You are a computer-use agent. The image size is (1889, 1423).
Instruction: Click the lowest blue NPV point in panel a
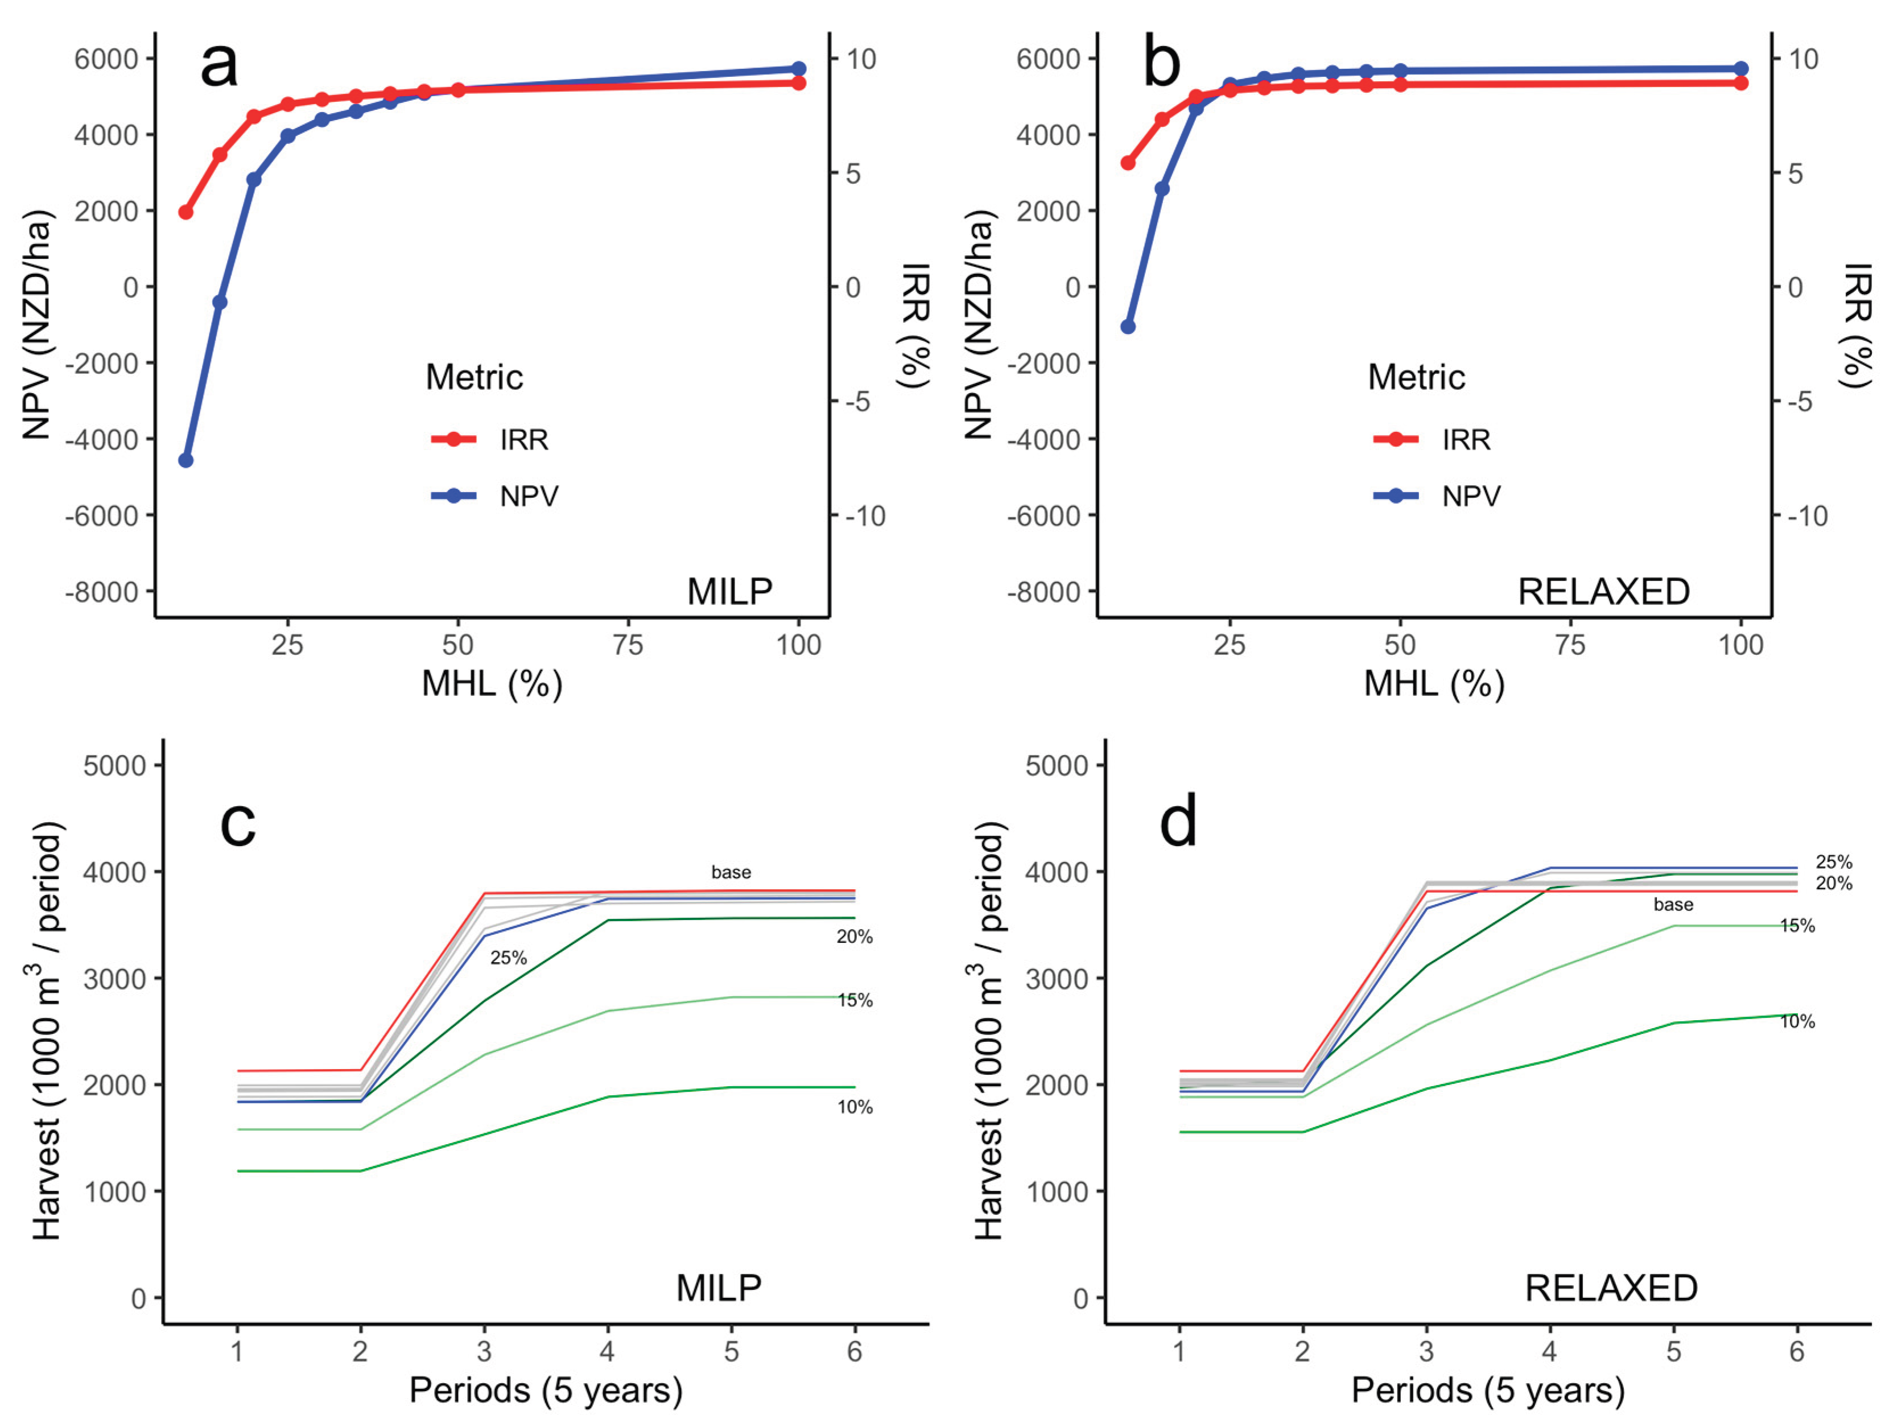[185, 460]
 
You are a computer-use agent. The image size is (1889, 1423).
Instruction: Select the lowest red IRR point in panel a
[185, 212]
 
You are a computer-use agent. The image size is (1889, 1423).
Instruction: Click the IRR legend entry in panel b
[1466, 440]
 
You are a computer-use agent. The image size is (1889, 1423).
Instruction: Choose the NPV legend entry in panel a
[529, 496]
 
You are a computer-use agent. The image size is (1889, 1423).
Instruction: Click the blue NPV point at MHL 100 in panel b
[1740, 68]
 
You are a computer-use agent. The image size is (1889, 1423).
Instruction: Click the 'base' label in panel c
[731, 872]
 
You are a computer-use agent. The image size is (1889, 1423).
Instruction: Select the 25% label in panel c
[508, 958]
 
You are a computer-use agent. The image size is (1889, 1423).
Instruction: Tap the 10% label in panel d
[1797, 1021]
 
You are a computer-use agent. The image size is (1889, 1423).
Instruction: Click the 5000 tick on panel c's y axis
[114, 766]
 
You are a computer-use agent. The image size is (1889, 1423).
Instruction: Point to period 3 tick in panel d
[1426, 1352]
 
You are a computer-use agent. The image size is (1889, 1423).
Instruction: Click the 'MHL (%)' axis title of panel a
[492, 684]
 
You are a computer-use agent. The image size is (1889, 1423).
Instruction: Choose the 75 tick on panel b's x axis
[1570, 645]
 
